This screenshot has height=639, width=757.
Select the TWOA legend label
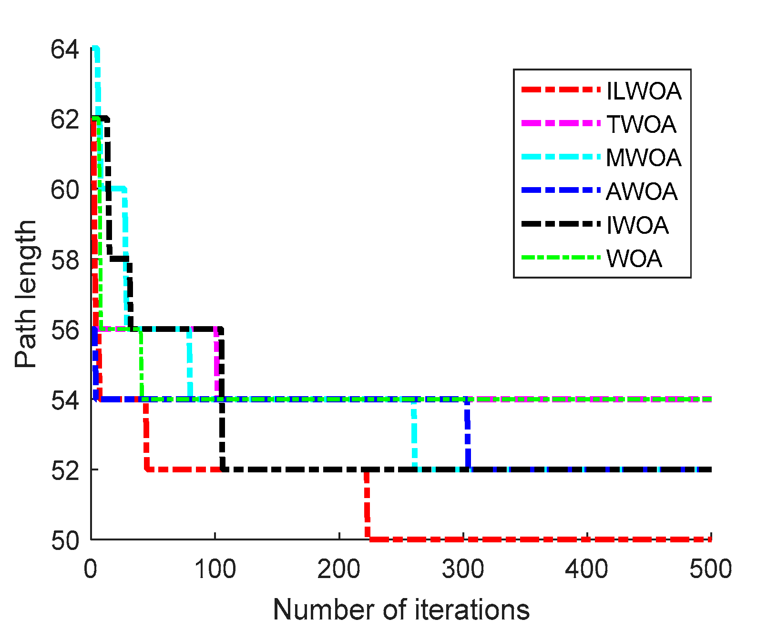[641, 124]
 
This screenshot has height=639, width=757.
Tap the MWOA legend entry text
[644, 158]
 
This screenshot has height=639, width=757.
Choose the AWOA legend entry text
[642, 191]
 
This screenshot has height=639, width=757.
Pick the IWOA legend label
[637, 225]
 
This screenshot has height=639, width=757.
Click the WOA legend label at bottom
[634, 259]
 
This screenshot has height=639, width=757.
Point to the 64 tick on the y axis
[65, 50]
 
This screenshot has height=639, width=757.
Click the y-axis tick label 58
[65, 260]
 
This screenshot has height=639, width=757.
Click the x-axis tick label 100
[215, 569]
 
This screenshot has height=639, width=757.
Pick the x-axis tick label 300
[463, 569]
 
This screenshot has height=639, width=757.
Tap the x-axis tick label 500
[710, 569]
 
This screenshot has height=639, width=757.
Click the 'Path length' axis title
[26, 294]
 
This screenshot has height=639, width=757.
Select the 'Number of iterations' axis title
[401, 609]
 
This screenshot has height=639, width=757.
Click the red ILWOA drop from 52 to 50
[367, 505]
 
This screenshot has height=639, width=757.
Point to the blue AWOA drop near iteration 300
[467, 434]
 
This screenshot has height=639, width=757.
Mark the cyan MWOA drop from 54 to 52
[414, 434]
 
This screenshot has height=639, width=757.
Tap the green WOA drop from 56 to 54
[141, 364]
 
